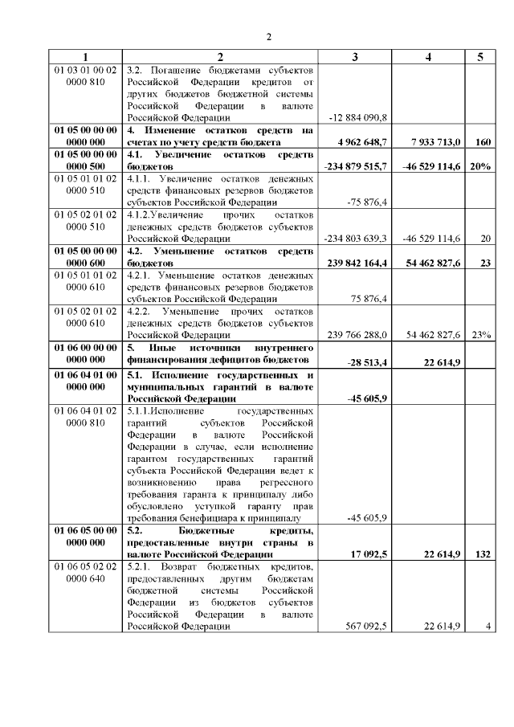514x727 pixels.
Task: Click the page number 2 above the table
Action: pyautogui.click(x=269, y=37)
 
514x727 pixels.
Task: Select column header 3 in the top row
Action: pyautogui.click(x=355, y=56)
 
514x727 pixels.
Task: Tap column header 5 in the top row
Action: pyautogui.click(x=479, y=56)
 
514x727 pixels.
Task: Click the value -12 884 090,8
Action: pyautogui.click(x=358, y=117)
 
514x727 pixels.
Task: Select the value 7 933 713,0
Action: pyautogui.click(x=434, y=141)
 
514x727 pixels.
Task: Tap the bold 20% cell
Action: pyautogui.click(x=479, y=165)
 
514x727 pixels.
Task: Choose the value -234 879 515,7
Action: pyautogui.click(x=355, y=165)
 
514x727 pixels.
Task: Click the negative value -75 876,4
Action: pyautogui.click(x=367, y=202)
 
